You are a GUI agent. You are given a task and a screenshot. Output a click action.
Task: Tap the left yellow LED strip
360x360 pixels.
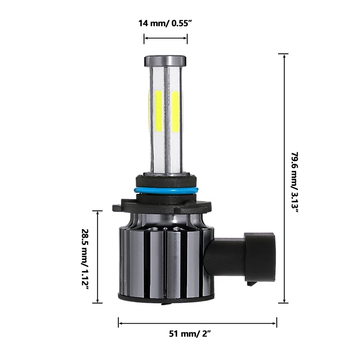pyautogui.click(x=158, y=111)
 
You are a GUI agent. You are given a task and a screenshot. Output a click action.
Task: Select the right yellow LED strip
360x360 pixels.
pyautogui.click(x=175, y=111)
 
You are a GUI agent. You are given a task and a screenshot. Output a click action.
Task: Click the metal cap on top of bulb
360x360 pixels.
pyautogui.click(x=165, y=60)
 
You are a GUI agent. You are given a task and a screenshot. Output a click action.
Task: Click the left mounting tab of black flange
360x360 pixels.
pyautogui.click(x=118, y=207)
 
